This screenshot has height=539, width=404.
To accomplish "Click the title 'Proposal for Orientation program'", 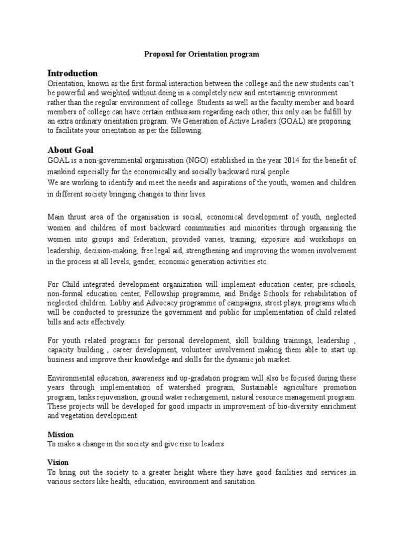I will click(202, 54).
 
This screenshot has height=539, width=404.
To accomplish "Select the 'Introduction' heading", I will click(73, 73).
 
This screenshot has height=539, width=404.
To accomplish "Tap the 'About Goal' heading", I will click(70, 150).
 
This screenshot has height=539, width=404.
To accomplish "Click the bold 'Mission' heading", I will click(61, 434).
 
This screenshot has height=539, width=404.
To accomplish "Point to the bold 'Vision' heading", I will click(58, 463).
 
